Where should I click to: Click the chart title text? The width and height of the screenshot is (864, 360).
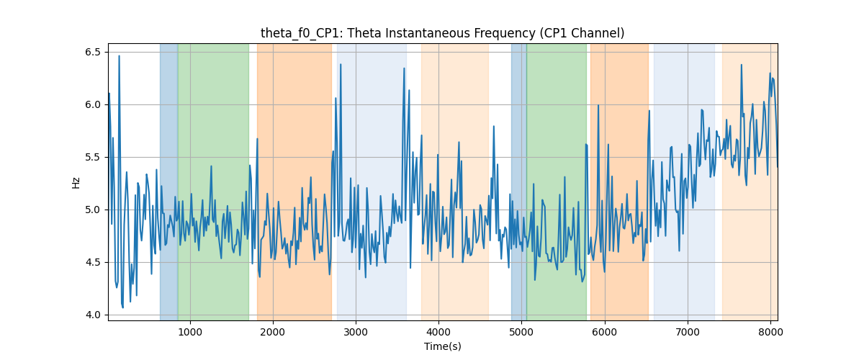442,33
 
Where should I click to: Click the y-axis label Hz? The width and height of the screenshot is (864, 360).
76,183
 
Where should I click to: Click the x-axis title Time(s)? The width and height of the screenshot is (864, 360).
442,346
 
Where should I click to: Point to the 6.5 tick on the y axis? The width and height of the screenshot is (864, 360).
93,52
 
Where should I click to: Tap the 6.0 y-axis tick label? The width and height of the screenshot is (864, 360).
93,104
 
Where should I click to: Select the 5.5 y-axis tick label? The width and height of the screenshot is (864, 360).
93,157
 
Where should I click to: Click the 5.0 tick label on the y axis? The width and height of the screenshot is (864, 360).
93,210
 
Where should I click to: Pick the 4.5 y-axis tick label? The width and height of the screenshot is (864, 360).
93,262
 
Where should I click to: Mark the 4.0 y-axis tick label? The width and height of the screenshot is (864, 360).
93,315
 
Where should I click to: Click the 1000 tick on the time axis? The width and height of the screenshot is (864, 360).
190,332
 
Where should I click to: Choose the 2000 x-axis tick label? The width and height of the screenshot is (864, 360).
273,332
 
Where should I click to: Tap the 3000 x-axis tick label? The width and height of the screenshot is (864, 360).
356,332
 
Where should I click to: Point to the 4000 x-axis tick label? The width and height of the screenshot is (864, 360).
438,332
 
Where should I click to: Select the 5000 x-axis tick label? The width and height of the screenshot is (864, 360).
521,332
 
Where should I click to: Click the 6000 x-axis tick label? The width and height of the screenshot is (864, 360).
604,332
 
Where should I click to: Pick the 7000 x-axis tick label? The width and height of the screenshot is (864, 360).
688,332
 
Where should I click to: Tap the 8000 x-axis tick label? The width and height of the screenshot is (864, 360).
770,332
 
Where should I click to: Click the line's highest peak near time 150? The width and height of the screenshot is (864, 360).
120,56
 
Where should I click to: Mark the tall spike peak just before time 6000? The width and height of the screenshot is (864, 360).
598,105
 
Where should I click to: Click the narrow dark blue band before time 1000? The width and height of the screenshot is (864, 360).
169,182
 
